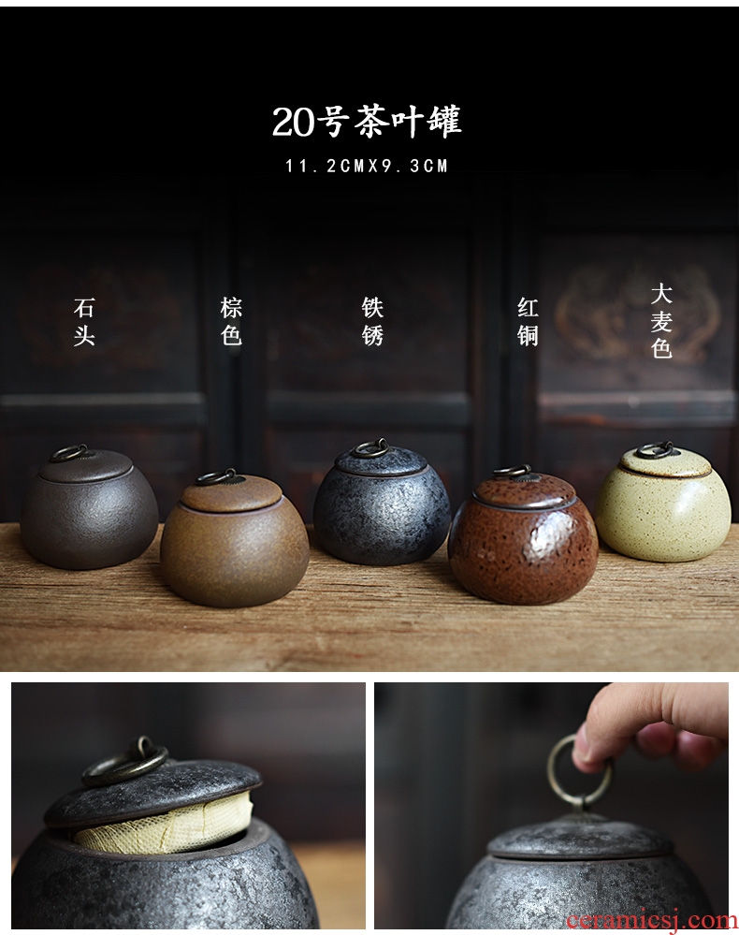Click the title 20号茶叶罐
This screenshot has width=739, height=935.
(367, 122)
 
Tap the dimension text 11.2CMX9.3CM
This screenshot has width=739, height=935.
(367, 166)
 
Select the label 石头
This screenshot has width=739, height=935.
(84, 322)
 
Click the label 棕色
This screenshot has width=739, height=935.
(231, 322)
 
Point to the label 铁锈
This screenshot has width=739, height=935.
(372, 322)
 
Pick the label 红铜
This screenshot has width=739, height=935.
(528, 322)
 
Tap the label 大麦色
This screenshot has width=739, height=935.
(661, 321)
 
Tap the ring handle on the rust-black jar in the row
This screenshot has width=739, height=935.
(369, 447)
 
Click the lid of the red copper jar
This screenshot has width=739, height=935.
(525, 491)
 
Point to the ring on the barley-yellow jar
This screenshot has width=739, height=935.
(655, 449)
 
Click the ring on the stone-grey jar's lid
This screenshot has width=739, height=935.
(69, 453)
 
